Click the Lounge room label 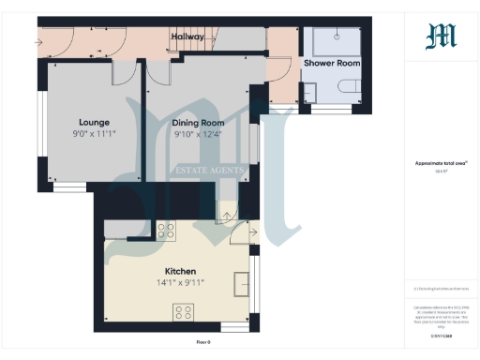pyautogui.click(x=95, y=122)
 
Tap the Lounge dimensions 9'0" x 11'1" pyautogui.click(x=95, y=133)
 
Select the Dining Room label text pyautogui.click(x=199, y=123)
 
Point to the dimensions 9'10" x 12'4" pyautogui.click(x=199, y=134)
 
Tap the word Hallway pyautogui.click(x=187, y=37)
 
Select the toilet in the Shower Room pyautogui.click(x=350, y=88)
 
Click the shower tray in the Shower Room pyautogui.click(x=336, y=40)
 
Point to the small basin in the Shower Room pyautogui.click(x=311, y=90)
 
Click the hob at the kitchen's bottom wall pyautogui.click(x=183, y=313)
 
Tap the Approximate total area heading pyautogui.click(x=441, y=163)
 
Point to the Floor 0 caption pyautogui.click(x=203, y=342)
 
